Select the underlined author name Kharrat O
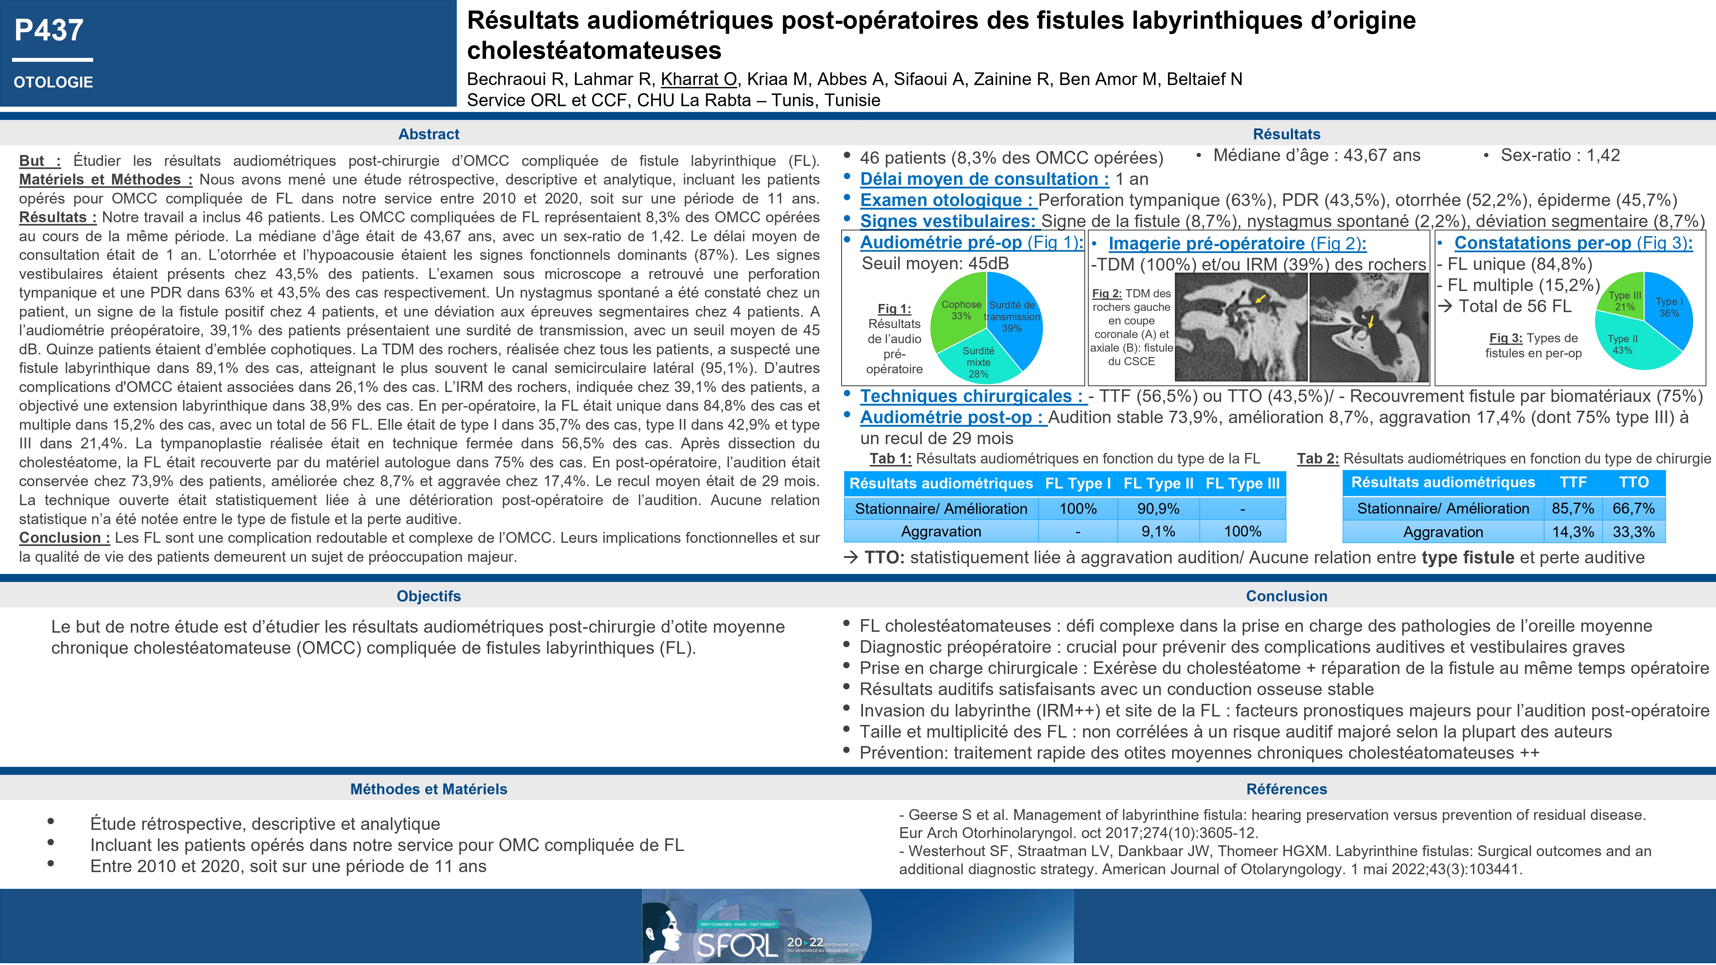pyautogui.click(x=698, y=79)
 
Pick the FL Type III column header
pyautogui.click(x=1242, y=483)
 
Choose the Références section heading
pyautogui.click(x=1286, y=789)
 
